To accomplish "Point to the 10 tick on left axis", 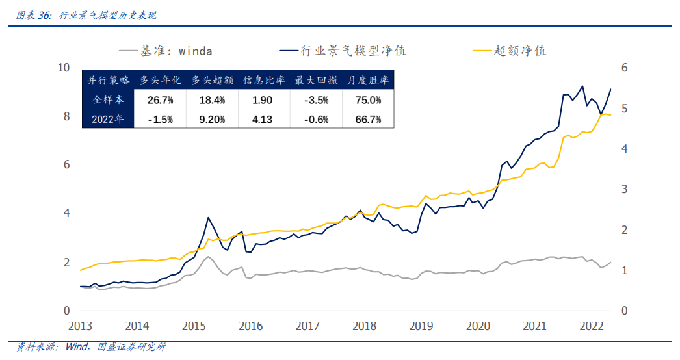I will point(63,68).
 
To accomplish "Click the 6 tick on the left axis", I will point(66,165).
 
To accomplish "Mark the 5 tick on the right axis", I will point(624,109).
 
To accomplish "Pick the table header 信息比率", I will point(264,81).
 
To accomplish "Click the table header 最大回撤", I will point(316,81).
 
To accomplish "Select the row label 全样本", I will point(108,100).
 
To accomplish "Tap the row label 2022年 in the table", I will point(108,119).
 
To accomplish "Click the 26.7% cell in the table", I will point(160,100).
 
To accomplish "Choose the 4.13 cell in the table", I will point(264,119).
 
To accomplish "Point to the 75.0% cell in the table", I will point(368,100).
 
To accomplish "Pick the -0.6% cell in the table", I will point(316,119).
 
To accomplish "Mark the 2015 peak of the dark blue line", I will point(208,218).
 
